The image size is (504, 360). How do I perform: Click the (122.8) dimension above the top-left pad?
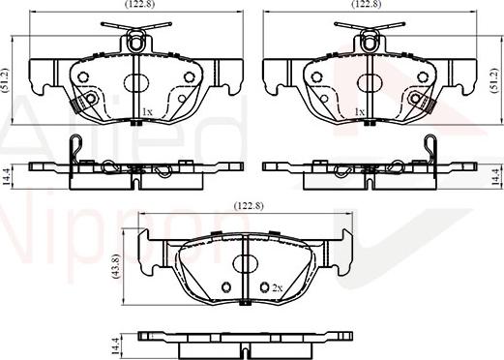click(x=135, y=6)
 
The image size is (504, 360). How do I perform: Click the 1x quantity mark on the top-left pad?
click(x=147, y=113)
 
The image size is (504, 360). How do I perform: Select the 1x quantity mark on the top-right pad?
click(x=359, y=113)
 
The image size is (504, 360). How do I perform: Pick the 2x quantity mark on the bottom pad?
click(x=276, y=287)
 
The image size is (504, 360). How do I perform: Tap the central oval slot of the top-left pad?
click(x=135, y=79)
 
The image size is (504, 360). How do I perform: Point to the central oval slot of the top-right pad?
click(x=367, y=79)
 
